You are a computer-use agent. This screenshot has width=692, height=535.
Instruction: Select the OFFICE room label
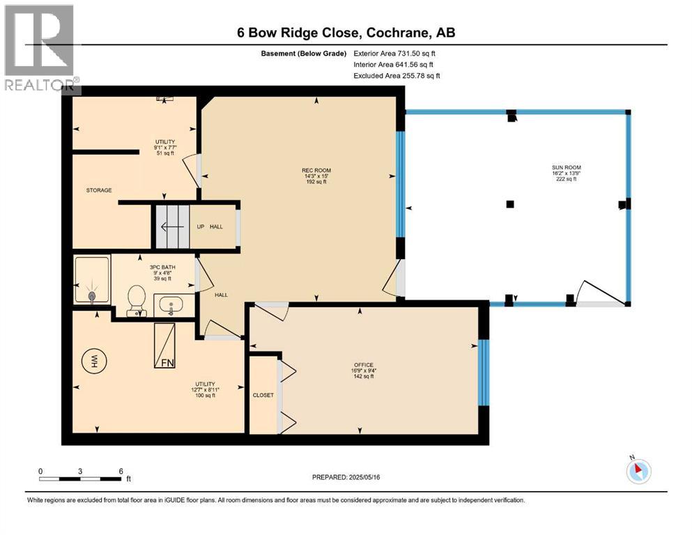[x=363, y=365]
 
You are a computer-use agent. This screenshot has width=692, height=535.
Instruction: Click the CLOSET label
[x=263, y=395]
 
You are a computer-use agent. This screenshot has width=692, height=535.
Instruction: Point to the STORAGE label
[x=99, y=190]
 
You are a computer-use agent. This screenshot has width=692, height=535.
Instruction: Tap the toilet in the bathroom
[x=135, y=301]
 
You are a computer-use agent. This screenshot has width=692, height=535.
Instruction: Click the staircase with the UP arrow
[x=171, y=226]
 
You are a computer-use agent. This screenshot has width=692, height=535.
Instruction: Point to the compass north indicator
[x=639, y=470]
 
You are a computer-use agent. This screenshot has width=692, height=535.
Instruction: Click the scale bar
[x=81, y=479]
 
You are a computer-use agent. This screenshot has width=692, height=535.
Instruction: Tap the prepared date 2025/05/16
[x=346, y=477]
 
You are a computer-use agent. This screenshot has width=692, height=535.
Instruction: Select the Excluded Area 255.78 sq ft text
[x=397, y=76]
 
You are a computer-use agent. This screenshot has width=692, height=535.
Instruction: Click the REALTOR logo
[x=40, y=49]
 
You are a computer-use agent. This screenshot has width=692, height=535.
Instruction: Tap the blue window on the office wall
[x=482, y=373]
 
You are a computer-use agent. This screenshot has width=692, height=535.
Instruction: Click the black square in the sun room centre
[x=510, y=204]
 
